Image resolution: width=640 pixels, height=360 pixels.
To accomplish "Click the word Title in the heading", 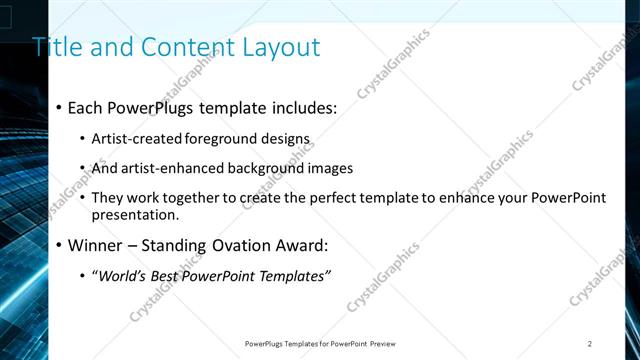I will click(x=56, y=47).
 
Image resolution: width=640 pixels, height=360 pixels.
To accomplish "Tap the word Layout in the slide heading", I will click(x=281, y=47).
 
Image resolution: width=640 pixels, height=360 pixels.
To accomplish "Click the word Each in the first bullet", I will click(x=87, y=107).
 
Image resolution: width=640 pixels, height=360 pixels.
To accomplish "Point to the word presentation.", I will click(x=135, y=214).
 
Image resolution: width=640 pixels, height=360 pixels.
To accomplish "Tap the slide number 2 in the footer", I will click(x=590, y=343).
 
